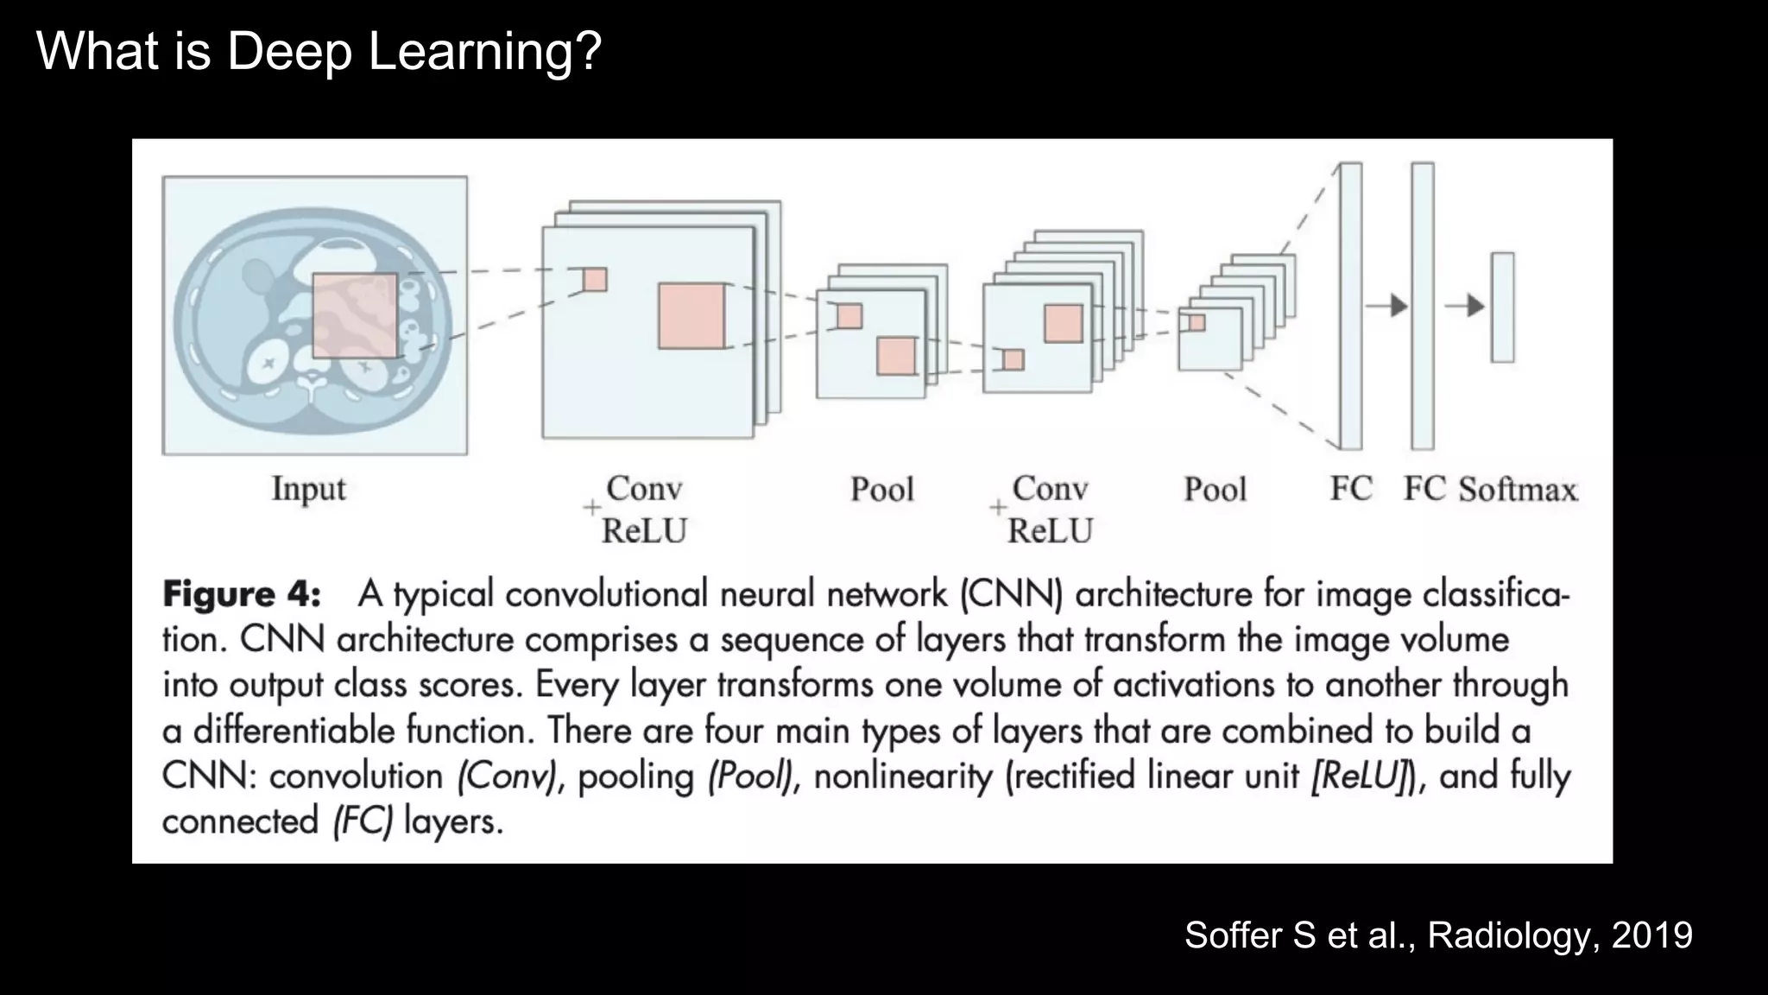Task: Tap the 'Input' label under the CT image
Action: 308,488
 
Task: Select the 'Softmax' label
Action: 1518,490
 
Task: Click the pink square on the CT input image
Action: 355,315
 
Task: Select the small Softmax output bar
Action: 1502,307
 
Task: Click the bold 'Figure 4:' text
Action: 242,594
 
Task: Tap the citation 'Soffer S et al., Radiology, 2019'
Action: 1438,935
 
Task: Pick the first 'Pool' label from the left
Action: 881,490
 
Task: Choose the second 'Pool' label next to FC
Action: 1215,490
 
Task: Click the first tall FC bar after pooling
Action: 1351,306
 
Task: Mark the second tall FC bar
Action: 1423,306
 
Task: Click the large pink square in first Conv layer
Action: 691,316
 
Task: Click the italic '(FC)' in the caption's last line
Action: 363,821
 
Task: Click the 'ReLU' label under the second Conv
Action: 1050,530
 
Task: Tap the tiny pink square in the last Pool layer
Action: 1197,322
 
